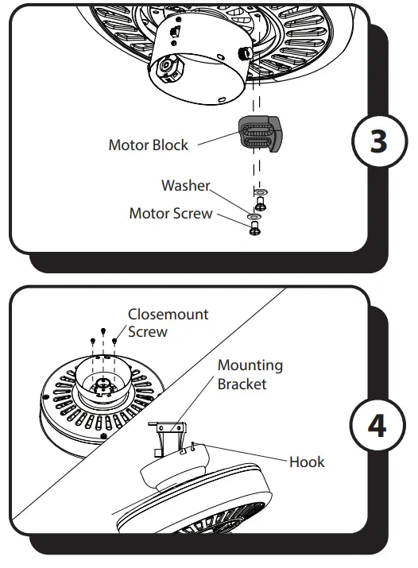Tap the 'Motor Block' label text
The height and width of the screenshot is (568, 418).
(x=149, y=145)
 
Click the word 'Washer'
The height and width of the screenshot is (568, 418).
(x=185, y=186)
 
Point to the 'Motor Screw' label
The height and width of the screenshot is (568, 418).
(x=171, y=214)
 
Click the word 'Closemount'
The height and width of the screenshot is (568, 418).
(x=168, y=315)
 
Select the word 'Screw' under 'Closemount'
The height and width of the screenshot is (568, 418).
(x=148, y=332)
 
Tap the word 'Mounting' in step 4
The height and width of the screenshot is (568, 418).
(x=250, y=365)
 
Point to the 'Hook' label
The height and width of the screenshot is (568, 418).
(x=307, y=462)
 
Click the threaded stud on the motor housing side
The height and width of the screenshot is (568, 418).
(x=242, y=53)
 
